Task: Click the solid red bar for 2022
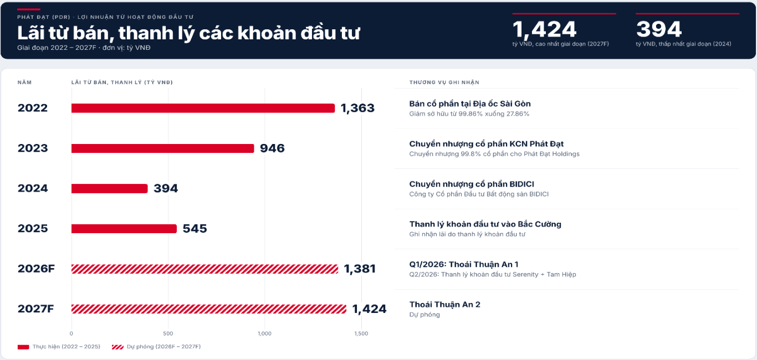(203, 108)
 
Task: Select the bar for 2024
(110, 188)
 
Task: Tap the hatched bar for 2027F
(209, 309)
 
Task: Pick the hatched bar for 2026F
(205, 269)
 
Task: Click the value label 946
(272, 148)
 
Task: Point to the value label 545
(195, 229)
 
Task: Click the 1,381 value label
(360, 269)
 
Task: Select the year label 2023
(33, 148)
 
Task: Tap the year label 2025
(33, 229)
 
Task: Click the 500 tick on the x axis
(168, 333)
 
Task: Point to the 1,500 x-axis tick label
(361, 333)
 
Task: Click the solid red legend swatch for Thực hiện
(23, 347)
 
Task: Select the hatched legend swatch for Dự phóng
(117, 347)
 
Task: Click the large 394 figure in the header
(659, 29)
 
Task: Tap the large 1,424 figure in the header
(544, 29)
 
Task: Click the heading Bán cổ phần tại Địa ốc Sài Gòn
(470, 104)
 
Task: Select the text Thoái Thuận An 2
(445, 305)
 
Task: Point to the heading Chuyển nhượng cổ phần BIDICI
(472, 184)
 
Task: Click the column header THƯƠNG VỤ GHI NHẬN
(444, 83)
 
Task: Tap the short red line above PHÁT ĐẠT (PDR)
(29, 9)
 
